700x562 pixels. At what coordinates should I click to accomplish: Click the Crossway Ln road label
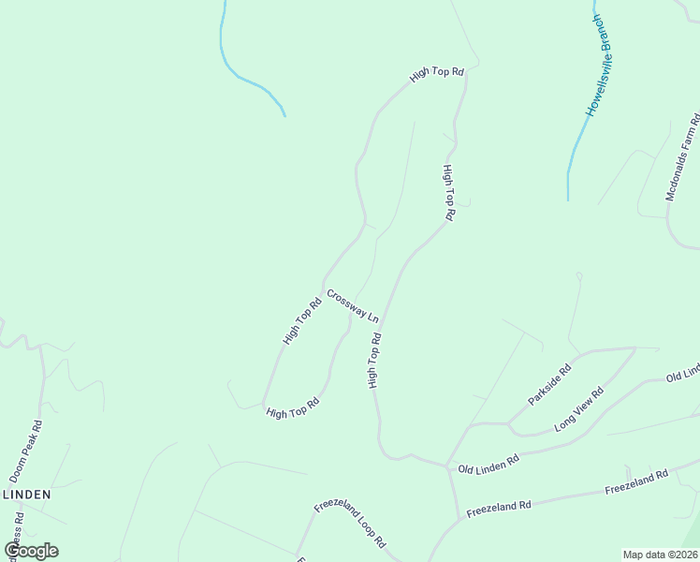coord(353,305)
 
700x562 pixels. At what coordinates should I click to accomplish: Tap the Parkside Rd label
coord(549,385)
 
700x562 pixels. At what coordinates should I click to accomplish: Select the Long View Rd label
coord(579,409)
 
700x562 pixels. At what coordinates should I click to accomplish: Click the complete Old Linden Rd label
coord(488,464)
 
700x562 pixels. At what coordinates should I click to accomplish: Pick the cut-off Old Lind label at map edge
coord(682,374)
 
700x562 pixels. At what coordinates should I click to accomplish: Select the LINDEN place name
coord(26,494)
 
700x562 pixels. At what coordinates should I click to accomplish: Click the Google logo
coord(31,551)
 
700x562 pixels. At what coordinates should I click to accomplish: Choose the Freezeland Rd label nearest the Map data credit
coord(636,482)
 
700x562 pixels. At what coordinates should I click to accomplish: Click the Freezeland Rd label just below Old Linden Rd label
coord(500,505)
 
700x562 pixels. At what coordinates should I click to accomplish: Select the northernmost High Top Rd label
coord(437,73)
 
